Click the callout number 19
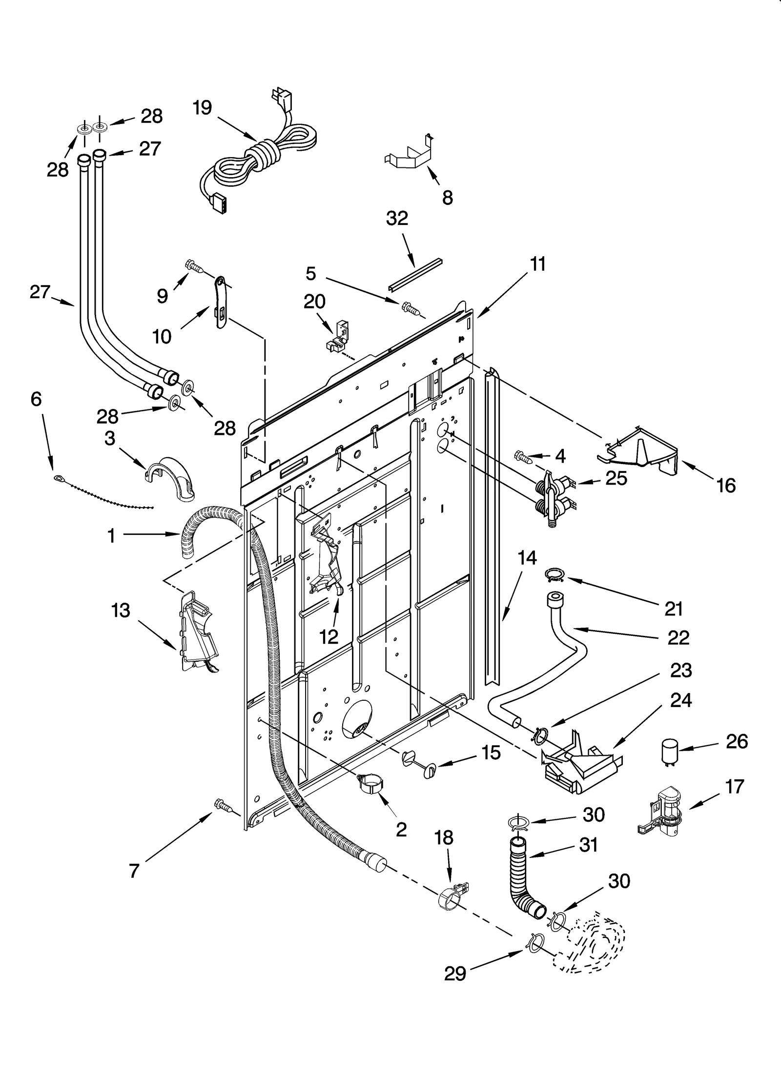[x=202, y=107]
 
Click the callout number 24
[x=681, y=701]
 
